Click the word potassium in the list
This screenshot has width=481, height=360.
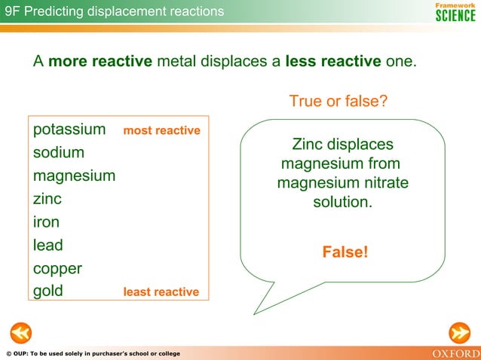tap(69, 130)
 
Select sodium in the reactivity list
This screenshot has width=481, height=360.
tap(59, 153)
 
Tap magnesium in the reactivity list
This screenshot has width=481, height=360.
tap(74, 176)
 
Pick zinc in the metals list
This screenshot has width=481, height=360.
tap(47, 199)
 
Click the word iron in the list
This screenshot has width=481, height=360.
tap(46, 222)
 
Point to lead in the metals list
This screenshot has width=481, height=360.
tap(48, 245)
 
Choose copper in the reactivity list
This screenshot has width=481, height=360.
tap(57, 269)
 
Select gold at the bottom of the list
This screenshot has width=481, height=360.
tap(48, 291)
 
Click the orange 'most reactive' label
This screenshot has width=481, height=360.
tap(161, 131)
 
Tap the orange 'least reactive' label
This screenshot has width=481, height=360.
tap(161, 292)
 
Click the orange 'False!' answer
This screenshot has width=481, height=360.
tap(345, 252)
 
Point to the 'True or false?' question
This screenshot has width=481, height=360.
tap(339, 101)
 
